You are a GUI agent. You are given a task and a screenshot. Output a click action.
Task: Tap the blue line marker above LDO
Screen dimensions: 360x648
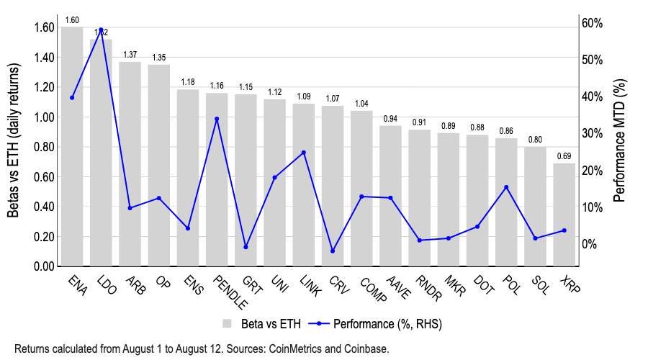pos(101,30)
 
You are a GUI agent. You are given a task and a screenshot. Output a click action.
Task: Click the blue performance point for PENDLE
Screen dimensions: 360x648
pos(217,119)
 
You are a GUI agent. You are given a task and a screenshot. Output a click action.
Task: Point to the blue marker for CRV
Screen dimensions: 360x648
pos(333,251)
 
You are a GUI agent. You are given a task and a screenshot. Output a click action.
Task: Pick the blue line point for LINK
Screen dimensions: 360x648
pos(304,153)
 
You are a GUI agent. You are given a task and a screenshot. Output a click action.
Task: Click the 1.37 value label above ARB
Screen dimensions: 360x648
pos(130,55)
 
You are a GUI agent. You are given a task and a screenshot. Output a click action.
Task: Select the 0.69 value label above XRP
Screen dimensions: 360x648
pos(564,156)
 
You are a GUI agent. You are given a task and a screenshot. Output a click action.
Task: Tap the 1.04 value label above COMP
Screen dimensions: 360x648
pos(361,104)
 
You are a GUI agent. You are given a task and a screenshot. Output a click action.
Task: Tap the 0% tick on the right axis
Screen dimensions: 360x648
pos(590,244)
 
